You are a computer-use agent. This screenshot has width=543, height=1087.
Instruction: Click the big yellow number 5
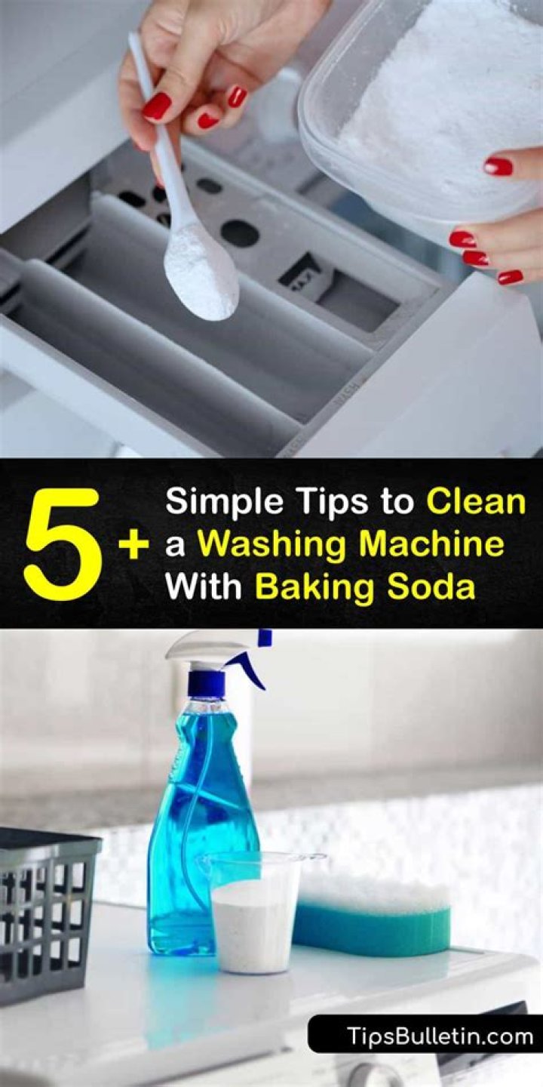coord(61,543)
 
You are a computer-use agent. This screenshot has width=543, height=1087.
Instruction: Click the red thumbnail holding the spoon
coord(156,106)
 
